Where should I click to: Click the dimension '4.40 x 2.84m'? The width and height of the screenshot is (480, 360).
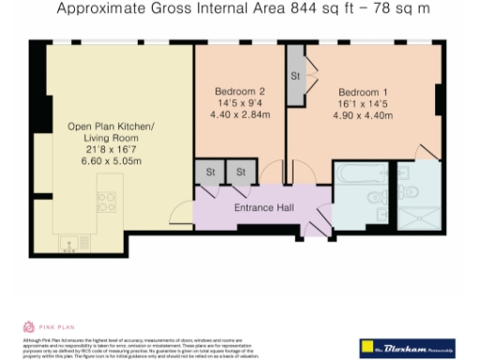[239, 115]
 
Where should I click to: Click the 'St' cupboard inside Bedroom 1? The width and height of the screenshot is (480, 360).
[295, 75]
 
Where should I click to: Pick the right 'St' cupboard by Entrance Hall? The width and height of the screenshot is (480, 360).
[240, 172]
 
